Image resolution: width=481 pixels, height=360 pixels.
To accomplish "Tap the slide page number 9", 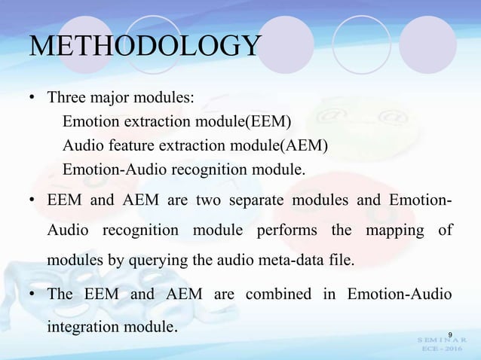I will point(450,334).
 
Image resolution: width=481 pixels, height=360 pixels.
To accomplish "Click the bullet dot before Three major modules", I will point(32,99).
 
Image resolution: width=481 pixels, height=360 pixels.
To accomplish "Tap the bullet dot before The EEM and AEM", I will point(32,294).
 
